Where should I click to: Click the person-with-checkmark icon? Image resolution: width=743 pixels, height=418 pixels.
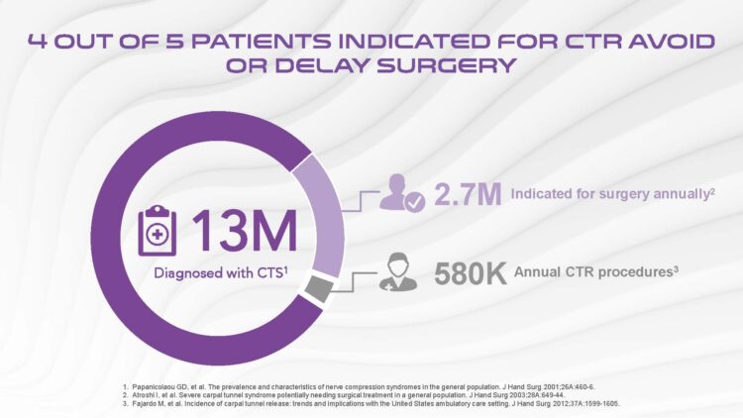pyautogui.click(x=402, y=193)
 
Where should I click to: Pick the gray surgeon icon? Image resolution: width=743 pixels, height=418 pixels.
pyautogui.click(x=398, y=272)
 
